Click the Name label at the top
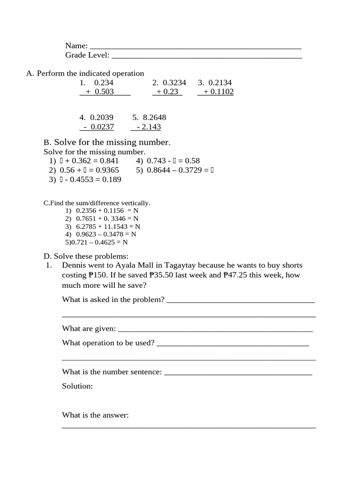[76, 46]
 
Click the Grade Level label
[87, 55]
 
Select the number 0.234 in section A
[104, 82]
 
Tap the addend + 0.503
[100, 92]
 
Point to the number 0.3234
[174, 82]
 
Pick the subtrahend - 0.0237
[98, 127]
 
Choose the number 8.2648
[155, 118]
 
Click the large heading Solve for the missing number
[112, 142]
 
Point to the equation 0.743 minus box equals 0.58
[173, 161]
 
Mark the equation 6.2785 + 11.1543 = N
[108, 226]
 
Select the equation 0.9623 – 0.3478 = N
[106, 234]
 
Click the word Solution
[77, 386]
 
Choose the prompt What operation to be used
[108, 343]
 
